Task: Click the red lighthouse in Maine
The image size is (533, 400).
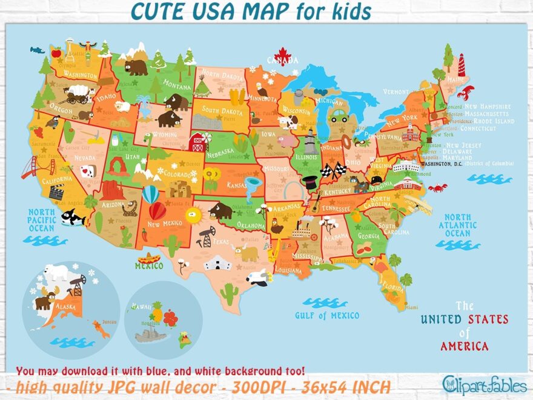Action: (461, 64)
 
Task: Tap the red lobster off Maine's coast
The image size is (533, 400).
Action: (465, 93)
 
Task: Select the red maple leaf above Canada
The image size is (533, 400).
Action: (283, 55)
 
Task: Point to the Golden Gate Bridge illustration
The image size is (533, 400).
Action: (30, 167)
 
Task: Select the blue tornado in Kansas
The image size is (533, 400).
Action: (253, 182)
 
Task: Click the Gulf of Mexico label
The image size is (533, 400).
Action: (327, 315)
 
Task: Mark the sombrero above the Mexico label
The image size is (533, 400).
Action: (149, 258)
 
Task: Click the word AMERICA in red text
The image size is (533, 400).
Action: (465, 347)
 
